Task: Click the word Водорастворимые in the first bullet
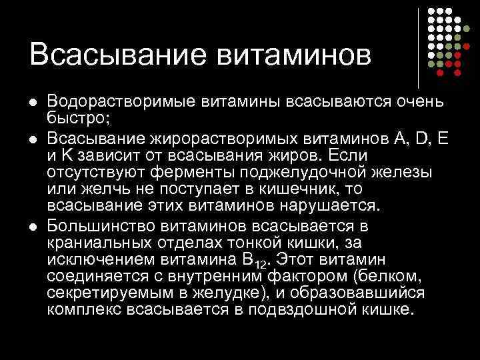tap(114, 103)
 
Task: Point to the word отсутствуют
tap(95, 173)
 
